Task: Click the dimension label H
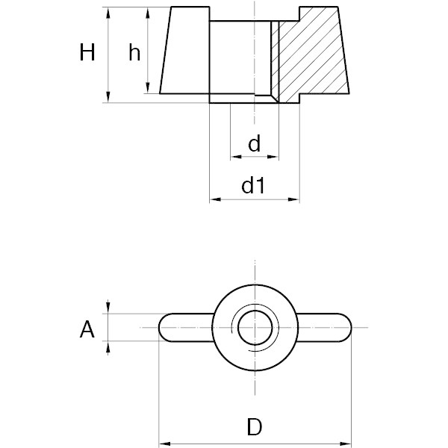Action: tap(87, 52)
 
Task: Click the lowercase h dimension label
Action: tap(134, 52)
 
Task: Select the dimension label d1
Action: tap(253, 185)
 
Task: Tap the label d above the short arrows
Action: tap(255, 143)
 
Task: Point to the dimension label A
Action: tap(87, 329)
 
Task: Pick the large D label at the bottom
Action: tap(255, 427)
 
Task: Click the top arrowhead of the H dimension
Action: tap(108, 13)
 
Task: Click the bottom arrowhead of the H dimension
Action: tap(108, 96)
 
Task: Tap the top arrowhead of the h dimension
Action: tap(148, 13)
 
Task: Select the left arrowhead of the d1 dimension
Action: tap(215, 199)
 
